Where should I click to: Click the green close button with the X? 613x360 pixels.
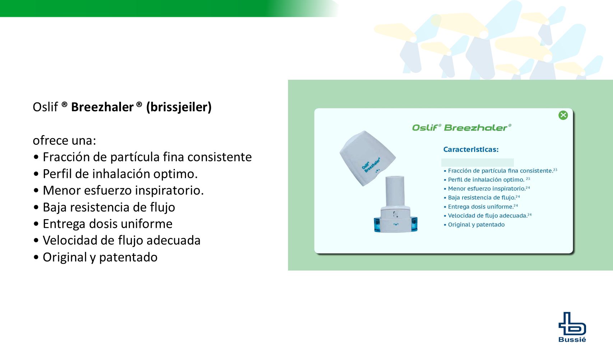pyautogui.click(x=563, y=115)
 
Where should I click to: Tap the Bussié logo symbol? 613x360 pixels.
pyautogui.click(x=572, y=323)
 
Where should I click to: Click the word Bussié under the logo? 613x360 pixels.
pyautogui.click(x=572, y=340)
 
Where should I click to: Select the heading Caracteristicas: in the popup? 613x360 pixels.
pyautogui.click(x=471, y=149)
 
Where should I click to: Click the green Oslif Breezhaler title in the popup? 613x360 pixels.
pyautogui.click(x=462, y=128)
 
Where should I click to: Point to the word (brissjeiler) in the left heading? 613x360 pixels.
pyautogui.click(x=179, y=107)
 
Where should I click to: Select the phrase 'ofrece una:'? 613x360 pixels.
pyautogui.click(x=64, y=140)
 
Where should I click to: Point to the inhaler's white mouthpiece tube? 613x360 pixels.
pyautogui.click(x=395, y=191)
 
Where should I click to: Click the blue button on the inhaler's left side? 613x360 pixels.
pyautogui.click(x=378, y=225)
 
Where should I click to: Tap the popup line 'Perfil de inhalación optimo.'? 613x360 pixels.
pyautogui.click(x=486, y=180)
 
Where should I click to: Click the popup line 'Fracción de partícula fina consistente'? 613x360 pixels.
pyautogui.click(x=501, y=171)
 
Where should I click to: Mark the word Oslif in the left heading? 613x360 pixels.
pyautogui.click(x=45, y=107)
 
